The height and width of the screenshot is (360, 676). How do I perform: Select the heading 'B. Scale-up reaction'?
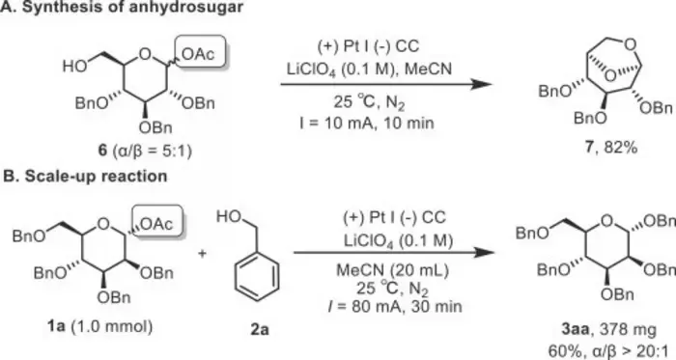pyautogui.click(x=85, y=176)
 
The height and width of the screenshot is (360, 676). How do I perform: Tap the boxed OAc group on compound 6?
pyautogui.click(x=198, y=54)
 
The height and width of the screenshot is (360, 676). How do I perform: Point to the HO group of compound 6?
pyautogui.click(x=74, y=66)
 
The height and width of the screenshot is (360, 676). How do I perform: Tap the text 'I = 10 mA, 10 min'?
pyautogui.click(x=367, y=124)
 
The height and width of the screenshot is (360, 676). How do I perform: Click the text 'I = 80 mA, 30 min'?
pyautogui.click(x=394, y=307)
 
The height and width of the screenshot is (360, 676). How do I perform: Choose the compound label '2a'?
pyautogui.click(x=259, y=329)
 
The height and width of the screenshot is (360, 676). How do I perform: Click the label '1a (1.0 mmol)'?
pyautogui.click(x=100, y=326)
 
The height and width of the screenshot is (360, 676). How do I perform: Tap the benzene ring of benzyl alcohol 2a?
pyautogui.click(x=257, y=277)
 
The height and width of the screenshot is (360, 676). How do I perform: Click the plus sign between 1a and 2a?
pyautogui.click(x=202, y=253)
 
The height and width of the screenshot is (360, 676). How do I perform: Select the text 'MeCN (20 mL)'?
pyautogui.click(x=392, y=270)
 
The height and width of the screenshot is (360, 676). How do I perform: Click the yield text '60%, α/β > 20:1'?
pyautogui.click(x=611, y=351)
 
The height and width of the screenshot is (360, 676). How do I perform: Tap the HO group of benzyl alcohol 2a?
pyautogui.click(x=229, y=216)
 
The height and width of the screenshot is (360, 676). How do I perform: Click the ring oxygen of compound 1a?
pyautogui.click(x=102, y=223)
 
